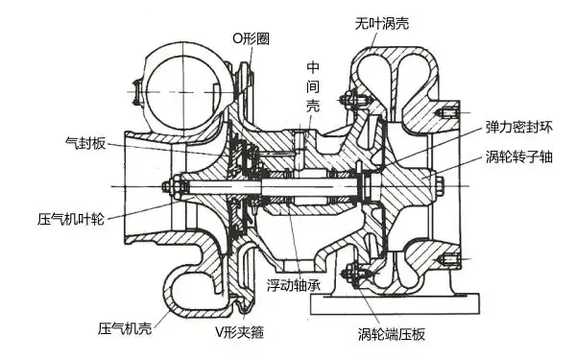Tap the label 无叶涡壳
click(381, 21)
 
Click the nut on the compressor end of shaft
click(169, 184)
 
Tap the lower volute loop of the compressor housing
click(192, 283)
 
